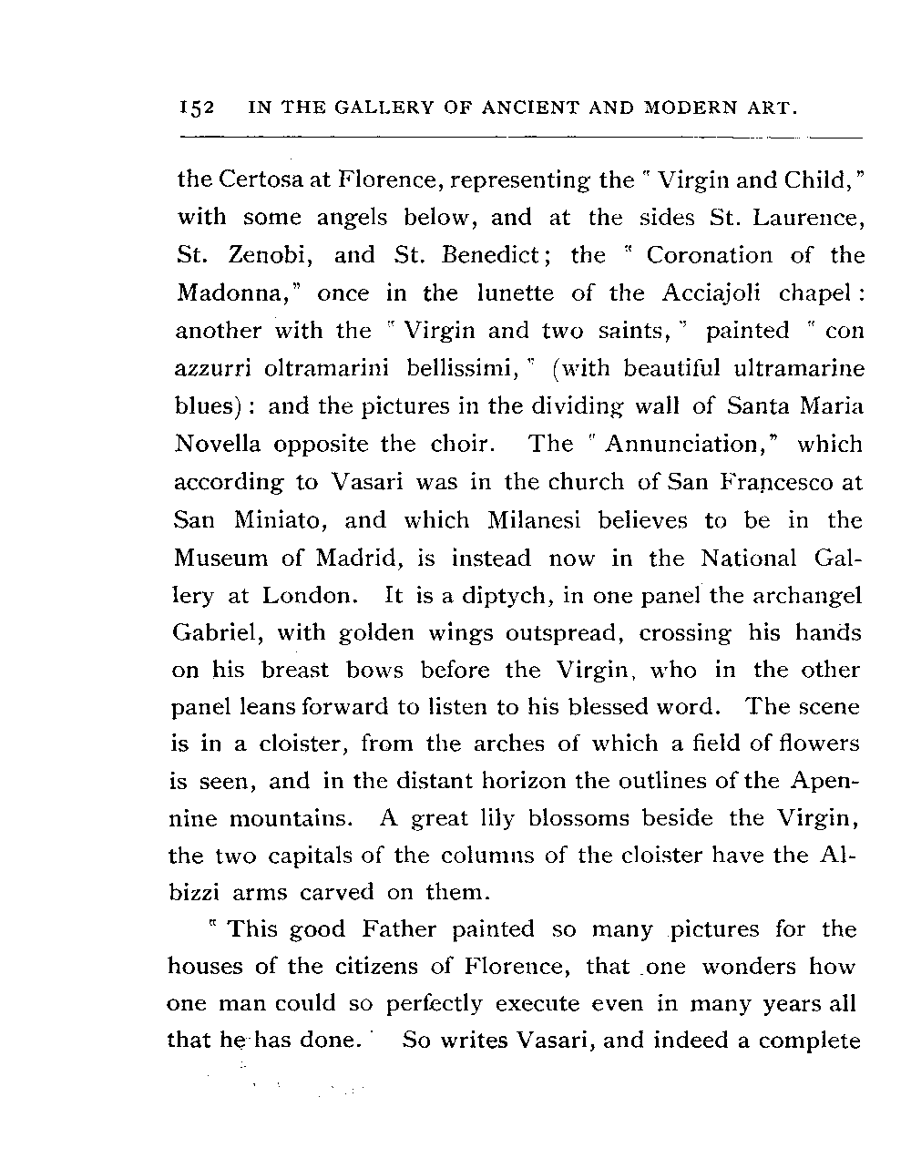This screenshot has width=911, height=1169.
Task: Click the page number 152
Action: (x=196, y=108)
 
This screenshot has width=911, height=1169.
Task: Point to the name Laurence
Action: (x=806, y=218)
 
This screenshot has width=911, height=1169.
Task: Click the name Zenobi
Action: (x=271, y=255)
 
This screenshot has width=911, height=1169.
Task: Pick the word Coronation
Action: (x=709, y=255)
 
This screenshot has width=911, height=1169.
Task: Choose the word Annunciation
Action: (x=683, y=445)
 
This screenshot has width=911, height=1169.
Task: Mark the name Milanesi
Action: (x=537, y=520)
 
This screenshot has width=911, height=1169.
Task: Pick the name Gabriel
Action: (x=218, y=633)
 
